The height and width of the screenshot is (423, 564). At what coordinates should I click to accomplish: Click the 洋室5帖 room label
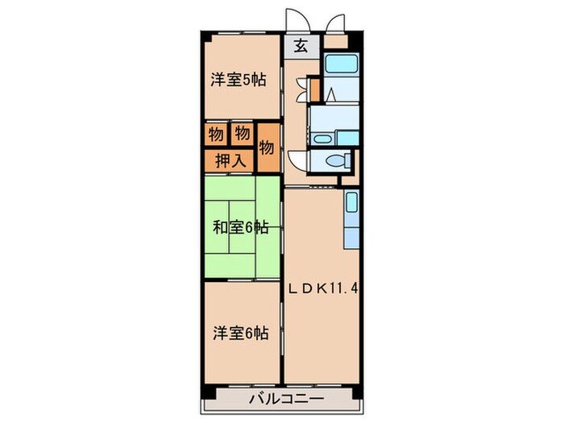point(238,80)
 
